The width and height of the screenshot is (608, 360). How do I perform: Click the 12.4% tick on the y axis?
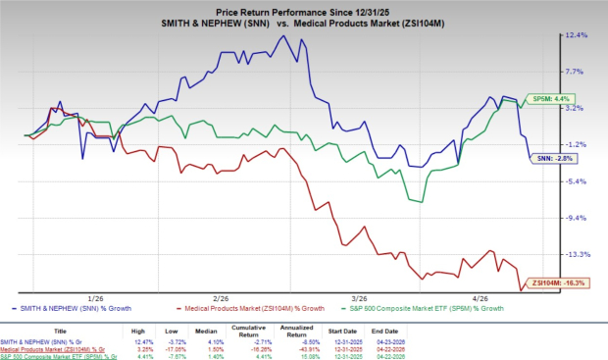coord(577,35)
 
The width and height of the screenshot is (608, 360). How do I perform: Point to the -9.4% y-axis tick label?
coord(577,218)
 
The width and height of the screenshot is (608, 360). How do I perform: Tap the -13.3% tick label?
coord(577,254)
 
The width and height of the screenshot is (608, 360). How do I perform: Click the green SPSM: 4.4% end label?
coord(547,99)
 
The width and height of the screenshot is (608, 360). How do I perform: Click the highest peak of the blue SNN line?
coord(282,36)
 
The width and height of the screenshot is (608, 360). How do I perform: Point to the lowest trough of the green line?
coord(422,202)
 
